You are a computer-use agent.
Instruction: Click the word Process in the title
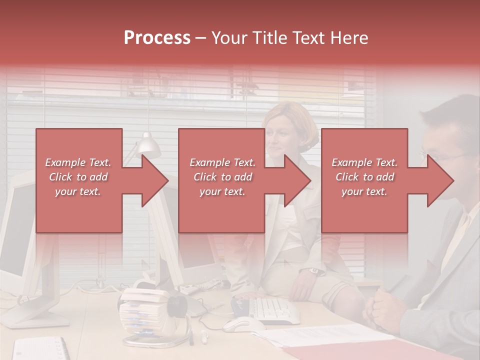tap(157, 37)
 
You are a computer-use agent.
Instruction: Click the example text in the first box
tap(78, 177)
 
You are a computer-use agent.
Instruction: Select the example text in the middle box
tap(222, 177)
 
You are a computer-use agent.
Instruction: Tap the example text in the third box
tap(364, 177)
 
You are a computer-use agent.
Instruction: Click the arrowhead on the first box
tap(155, 180)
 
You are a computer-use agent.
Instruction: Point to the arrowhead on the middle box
tap(298, 180)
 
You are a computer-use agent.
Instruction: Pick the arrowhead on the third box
tap(440, 180)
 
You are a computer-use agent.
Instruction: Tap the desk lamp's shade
tap(148, 145)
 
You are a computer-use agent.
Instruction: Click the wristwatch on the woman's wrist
tap(313, 271)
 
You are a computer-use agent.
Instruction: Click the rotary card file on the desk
tap(137, 310)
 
